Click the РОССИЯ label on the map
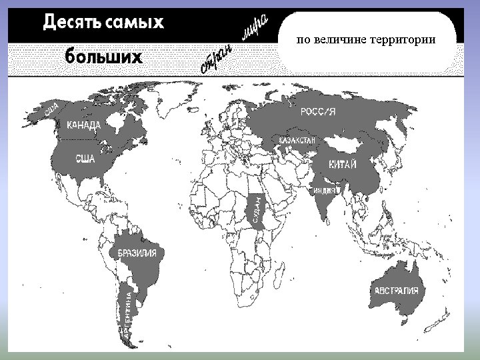[317, 112]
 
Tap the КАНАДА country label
[84, 125]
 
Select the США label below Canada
[85, 159]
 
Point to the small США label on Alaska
[52, 107]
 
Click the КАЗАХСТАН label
[297, 141]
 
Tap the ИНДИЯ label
[325, 190]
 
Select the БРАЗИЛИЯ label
[137, 253]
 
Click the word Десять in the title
[71, 23]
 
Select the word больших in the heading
[103, 57]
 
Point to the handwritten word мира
[255, 28]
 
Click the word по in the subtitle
[303, 40]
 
